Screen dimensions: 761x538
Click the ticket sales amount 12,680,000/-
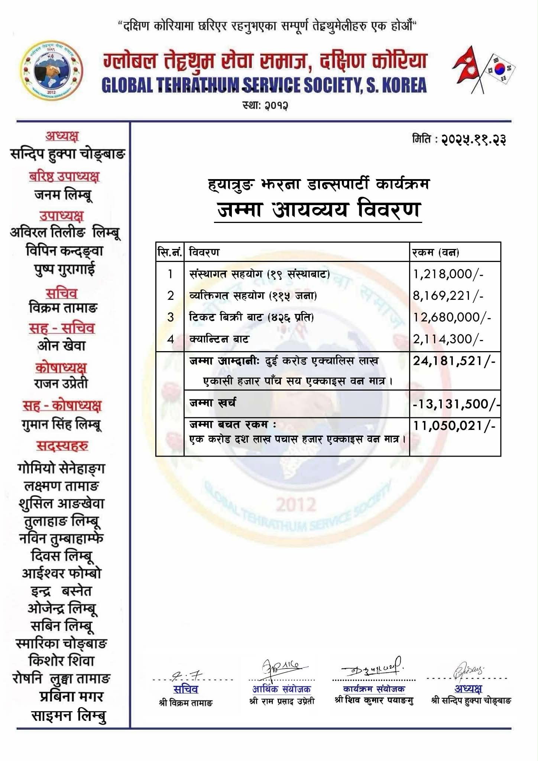point(452,317)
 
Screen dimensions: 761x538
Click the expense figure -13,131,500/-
point(456,404)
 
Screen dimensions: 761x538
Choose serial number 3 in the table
point(170,317)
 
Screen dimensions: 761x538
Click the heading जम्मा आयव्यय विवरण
point(318,210)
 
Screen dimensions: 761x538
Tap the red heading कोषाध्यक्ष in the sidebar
point(61,367)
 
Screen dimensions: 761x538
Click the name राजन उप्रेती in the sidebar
point(61,383)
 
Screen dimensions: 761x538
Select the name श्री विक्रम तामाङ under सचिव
point(185,703)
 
